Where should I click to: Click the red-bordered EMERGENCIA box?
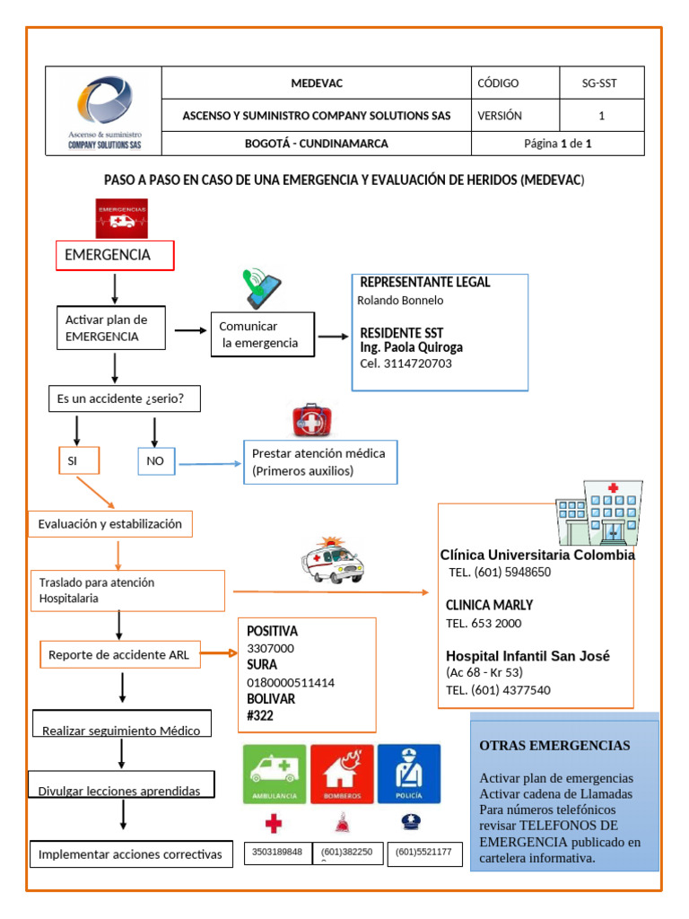(x=115, y=255)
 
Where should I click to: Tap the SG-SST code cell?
(x=600, y=83)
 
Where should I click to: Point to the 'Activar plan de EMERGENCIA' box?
(x=110, y=328)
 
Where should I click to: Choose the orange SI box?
(x=76, y=461)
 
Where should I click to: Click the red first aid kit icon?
(x=311, y=421)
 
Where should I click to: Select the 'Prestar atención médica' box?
(x=320, y=462)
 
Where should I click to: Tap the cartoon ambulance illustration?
(x=333, y=561)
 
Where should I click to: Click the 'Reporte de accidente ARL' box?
(x=120, y=655)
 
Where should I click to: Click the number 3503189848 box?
(x=277, y=853)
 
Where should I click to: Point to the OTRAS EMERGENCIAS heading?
(x=554, y=746)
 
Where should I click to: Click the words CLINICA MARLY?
(x=489, y=605)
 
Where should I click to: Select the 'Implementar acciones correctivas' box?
(x=130, y=854)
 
